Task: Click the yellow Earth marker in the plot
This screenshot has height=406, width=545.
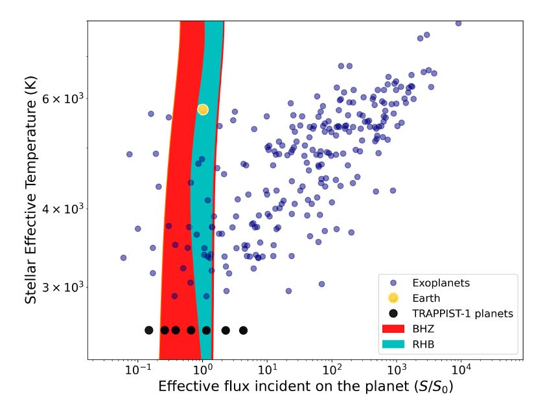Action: (203, 109)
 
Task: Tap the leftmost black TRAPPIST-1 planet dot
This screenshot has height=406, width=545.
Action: (149, 330)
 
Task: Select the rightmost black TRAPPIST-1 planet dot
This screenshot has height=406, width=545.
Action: (243, 330)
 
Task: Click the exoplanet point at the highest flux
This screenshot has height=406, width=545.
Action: (458, 23)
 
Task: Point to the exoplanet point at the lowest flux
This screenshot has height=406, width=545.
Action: (123, 258)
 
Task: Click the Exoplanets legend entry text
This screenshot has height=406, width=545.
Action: (441, 283)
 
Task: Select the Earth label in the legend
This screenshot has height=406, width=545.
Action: (426, 299)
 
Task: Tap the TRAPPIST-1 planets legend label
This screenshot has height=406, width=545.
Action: (463, 313)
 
